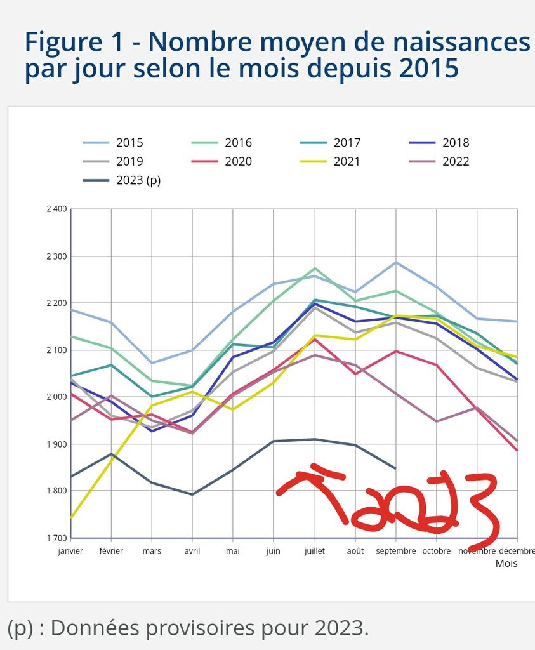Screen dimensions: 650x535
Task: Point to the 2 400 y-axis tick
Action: pos(56,209)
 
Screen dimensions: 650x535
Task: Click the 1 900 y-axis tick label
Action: pos(56,444)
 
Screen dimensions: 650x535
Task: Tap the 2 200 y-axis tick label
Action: pos(56,303)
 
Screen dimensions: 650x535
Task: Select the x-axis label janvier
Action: pos(70,551)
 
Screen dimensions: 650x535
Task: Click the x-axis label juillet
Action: pos(314,551)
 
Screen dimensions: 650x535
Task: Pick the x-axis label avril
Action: pos(192,551)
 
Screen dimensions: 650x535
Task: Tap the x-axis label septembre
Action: pos(395,551)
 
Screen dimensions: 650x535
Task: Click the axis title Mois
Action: pos(506,563)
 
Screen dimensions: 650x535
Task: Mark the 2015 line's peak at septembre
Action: pos(396,262)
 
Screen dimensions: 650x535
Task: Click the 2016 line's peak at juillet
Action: pos(315,269)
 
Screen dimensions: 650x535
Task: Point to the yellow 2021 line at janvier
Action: pos(71,518)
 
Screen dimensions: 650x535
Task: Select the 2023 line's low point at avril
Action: pos(192,494)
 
